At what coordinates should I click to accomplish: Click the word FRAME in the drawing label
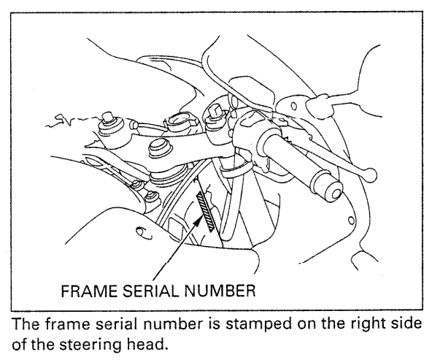pos(85,293)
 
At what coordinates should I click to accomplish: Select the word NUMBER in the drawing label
pos(215,293)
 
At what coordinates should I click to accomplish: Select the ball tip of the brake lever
pos(372,172)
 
